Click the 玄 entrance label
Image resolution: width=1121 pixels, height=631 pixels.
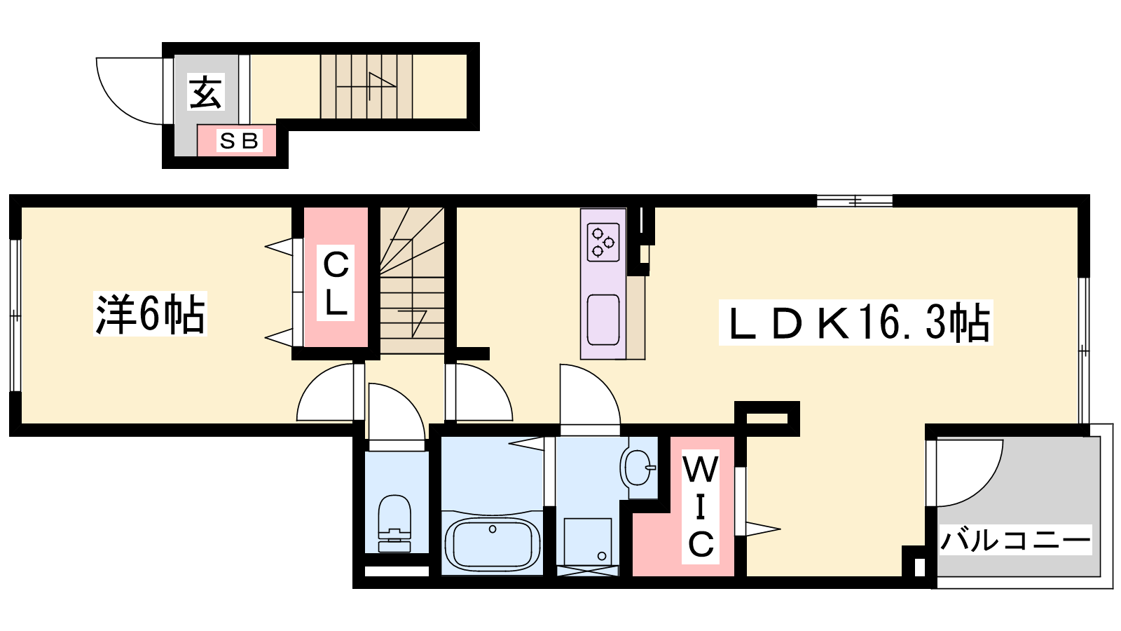click(206, 92)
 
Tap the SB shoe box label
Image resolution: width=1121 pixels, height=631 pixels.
click(239, 141)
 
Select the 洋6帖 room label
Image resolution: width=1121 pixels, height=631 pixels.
click(150, 313)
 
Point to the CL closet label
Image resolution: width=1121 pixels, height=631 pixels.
click(336, 283)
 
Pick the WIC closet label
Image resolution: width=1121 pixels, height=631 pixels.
click(701, 507)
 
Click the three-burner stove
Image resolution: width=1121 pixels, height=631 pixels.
click(603, 243)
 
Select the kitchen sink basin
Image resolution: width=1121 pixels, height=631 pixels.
click(603, 320)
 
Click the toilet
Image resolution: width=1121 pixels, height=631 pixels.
click(394, 523)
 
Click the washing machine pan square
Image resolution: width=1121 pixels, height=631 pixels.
click(588, 542)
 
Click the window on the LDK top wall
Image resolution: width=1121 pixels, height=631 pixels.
click(855, 201)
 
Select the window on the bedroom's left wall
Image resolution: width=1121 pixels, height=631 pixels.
click(15, 315)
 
